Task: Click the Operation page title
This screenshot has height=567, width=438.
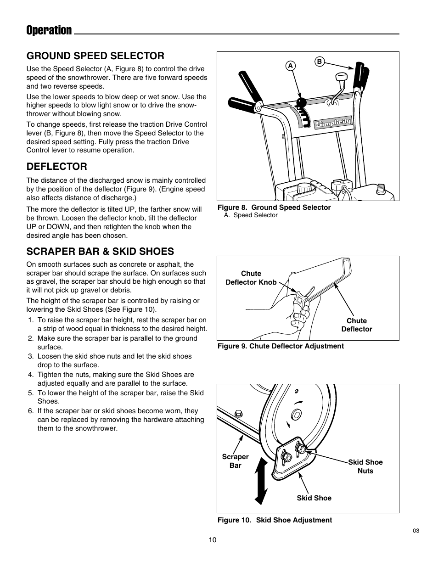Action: pos(49,30)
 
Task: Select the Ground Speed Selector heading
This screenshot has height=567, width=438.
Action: pos(95,56)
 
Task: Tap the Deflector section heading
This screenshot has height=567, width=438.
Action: pos(56,166)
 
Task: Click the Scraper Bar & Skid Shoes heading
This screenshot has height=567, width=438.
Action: pos(100,251)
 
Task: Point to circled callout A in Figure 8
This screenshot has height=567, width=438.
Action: pos(290,66)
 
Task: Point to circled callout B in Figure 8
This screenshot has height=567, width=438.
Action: pos(320,62)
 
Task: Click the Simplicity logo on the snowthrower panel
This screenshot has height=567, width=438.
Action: pos(333,123)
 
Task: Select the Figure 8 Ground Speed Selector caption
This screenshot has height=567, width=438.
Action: pos(274,208)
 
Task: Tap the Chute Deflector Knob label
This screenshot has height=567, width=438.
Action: pos(251,278)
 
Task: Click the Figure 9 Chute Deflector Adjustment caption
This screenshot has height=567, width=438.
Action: pos(281,346)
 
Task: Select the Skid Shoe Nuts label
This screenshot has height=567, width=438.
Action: pos(365,466)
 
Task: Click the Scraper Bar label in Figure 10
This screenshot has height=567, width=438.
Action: pos(235,461)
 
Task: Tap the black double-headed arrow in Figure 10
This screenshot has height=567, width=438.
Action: pos(260,482)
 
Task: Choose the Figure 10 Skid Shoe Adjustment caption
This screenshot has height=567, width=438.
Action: pos(275,520)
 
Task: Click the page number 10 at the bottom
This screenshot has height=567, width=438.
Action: pos(212,540)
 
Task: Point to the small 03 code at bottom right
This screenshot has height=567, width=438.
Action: pos(416,531)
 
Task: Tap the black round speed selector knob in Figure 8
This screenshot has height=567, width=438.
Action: pos(301,102)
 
